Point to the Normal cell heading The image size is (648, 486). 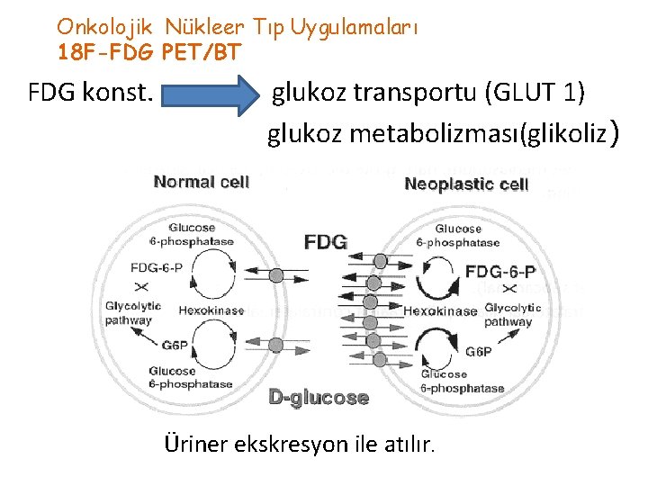point(201,182)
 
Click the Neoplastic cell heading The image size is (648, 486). point(466,185)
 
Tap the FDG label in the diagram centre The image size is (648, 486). point(325,243)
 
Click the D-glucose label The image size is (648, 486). point(319,397)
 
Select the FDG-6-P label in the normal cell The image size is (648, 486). point(156,267)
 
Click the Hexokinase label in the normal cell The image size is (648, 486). point(211,310)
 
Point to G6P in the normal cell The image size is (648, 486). point(175,344)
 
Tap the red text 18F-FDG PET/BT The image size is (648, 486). point(148,52)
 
